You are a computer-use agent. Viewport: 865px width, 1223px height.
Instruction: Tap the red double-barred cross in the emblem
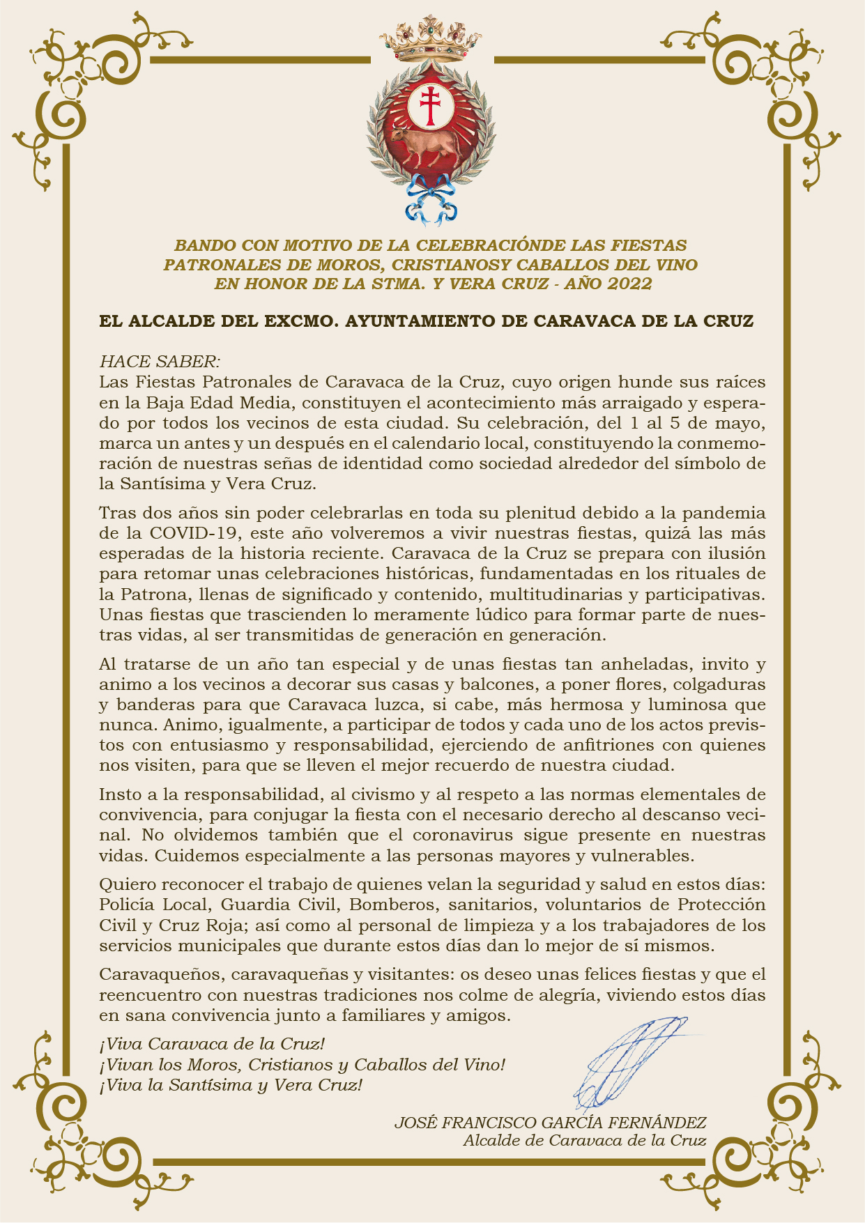coord(431,106)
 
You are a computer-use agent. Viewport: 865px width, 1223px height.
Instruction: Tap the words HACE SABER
coord(160,362)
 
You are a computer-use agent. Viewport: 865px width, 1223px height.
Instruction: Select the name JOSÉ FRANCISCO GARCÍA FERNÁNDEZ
coord(550,1123)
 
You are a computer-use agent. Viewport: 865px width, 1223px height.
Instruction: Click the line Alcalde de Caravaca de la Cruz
coord(584,1141)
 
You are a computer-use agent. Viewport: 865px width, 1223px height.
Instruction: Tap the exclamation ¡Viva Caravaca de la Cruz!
coord(212,1044)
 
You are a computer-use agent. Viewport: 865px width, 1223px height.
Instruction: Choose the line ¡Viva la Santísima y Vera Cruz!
coord(231,1085)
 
